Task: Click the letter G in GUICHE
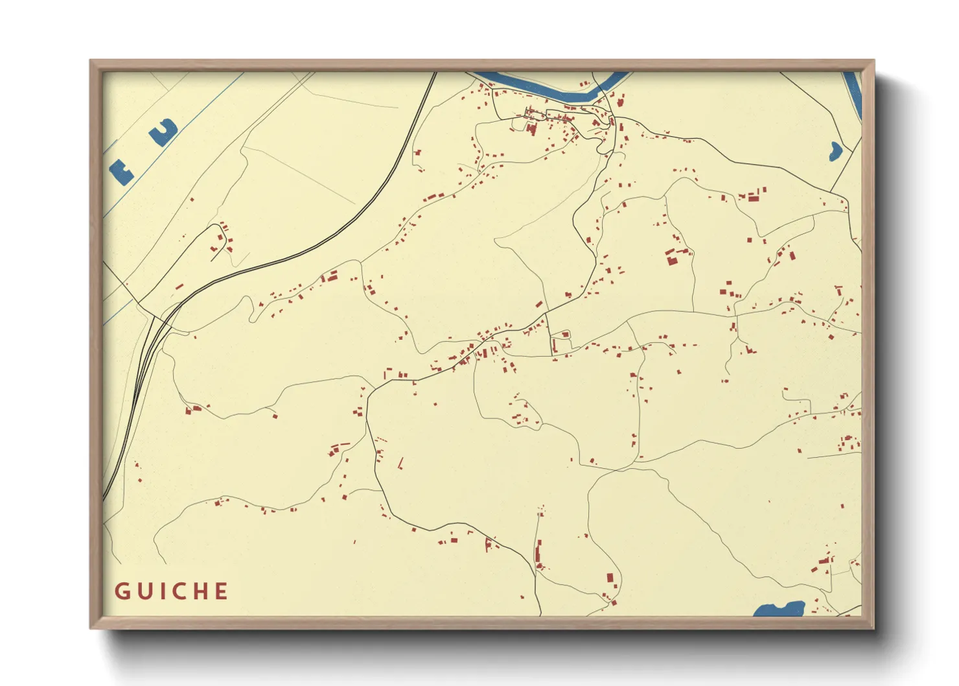122,591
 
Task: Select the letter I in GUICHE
161,591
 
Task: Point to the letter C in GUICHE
178,591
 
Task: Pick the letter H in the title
200,591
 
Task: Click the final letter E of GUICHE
221,591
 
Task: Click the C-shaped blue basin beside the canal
164,132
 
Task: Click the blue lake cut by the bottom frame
779,609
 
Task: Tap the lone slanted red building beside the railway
179,286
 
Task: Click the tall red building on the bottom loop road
609,577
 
